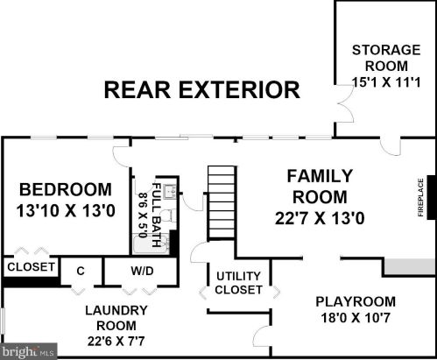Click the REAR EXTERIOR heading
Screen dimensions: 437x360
click(202, 90)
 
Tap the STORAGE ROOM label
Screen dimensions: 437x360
click(386, 58)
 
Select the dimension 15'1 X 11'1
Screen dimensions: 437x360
click(386, 81)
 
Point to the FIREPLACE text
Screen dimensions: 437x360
click(420, 198)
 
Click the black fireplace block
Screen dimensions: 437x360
click(432, 197)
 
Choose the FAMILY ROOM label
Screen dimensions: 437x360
click(320, 187)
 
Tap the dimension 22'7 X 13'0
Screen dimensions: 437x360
click(320, 218)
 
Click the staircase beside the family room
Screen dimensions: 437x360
click(222, 203)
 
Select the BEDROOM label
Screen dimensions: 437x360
click(66, 189)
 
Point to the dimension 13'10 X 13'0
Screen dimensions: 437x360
click(66, 210)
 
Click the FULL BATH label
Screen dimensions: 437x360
click(156, 215)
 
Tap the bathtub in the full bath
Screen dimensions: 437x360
click(152, 244)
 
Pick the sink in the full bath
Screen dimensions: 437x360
click(170, 192)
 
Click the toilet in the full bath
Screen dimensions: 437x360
click(168, 216)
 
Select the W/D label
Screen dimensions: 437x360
click(142, 271)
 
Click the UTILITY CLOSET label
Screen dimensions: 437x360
click(238, 283)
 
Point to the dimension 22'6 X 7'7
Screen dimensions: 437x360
click(116, 341)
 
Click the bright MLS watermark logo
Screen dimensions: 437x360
click(28, 351)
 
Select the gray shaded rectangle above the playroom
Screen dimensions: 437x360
click(410, 266)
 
